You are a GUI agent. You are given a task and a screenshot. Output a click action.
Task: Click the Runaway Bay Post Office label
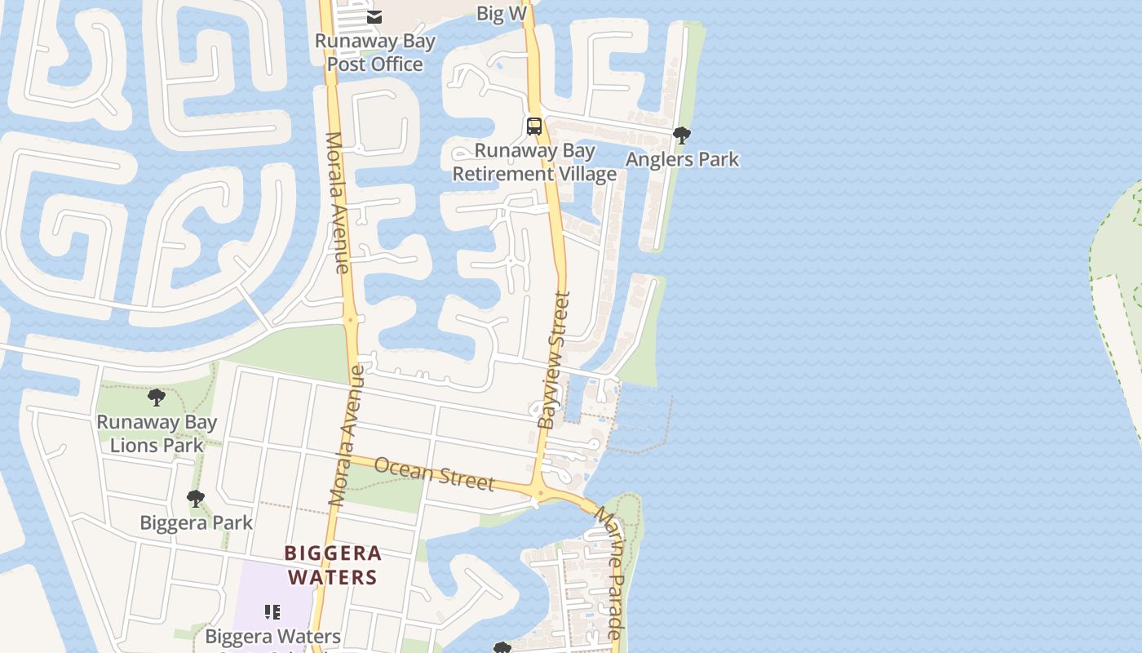(374, 53)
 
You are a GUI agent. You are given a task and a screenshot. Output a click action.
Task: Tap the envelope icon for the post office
(374, 16)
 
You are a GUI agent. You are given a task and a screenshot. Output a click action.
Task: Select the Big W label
(502, 13)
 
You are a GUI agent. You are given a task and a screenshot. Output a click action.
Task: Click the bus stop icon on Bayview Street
(534, 127)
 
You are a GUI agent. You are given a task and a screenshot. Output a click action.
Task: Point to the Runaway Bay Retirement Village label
(534, 162)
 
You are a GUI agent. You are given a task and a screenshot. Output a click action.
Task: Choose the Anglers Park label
(682, 159)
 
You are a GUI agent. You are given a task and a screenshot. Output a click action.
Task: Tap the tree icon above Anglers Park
(682, 135)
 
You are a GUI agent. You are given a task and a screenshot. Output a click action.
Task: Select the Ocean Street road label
(434, 473)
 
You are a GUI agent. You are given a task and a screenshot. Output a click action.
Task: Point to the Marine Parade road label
(609, 571)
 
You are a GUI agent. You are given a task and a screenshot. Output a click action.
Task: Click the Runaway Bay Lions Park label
(157, 433)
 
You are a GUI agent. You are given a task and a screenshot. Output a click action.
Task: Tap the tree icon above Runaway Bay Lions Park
(157, 398)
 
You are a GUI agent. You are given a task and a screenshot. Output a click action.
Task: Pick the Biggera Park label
(196, 522)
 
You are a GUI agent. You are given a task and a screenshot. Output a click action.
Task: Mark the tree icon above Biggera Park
(195, 498)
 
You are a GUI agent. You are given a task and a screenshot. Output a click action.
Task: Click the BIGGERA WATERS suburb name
(333, 565)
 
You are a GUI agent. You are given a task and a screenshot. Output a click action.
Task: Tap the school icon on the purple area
(272, 611)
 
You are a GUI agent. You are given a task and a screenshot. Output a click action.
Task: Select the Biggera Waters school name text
(272, 636)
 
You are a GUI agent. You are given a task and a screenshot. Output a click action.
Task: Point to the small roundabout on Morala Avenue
(352, 320)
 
